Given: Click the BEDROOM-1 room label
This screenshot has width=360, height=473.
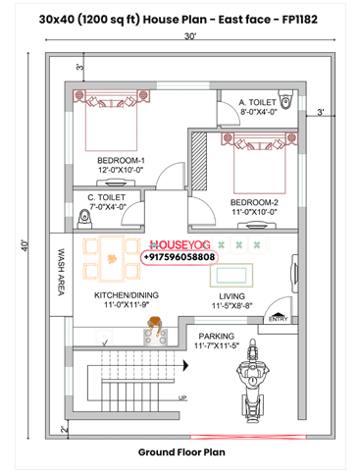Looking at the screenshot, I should (121, 160).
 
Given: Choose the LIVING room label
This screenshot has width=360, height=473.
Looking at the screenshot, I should (231, 295).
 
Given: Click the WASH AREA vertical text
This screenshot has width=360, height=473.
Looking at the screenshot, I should (60, 271).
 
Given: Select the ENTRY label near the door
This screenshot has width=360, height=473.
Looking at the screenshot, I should (278, 319).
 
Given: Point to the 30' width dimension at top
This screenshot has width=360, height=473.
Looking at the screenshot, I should (189, 36).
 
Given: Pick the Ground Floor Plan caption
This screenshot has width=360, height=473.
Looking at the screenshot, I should (180, 452).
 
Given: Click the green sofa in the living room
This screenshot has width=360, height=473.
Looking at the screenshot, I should (234, 272).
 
